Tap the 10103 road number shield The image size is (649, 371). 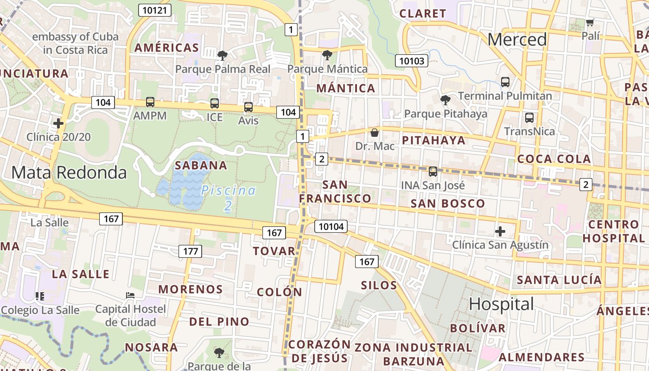412,61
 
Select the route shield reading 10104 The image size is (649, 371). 331,226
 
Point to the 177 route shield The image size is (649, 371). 191,251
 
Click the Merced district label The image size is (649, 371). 517,39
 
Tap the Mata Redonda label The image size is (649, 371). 69,173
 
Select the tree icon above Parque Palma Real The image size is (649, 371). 223,56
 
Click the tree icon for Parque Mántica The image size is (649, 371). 327,55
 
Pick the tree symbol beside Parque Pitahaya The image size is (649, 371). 445,100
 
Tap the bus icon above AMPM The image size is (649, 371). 150,102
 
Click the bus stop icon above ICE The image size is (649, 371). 214,103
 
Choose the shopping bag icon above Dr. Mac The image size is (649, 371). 375,133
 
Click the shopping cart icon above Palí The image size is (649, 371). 590,22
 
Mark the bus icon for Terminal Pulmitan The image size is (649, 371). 505,82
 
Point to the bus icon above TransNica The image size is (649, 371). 529,118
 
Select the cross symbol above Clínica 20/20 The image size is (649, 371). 58,123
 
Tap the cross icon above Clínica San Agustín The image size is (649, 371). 500,231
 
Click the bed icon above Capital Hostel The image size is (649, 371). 131,295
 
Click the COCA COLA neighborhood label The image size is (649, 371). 554,159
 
